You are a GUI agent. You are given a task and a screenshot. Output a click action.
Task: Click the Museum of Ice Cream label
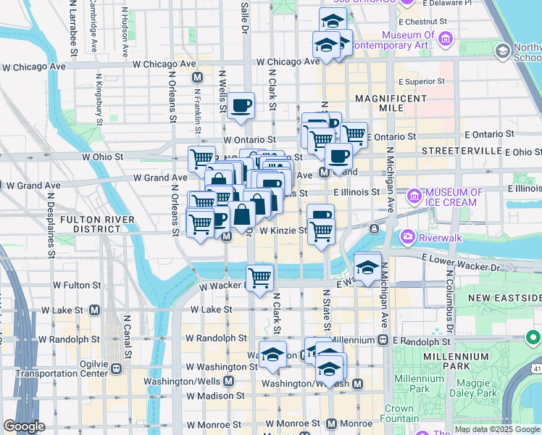point(454,197)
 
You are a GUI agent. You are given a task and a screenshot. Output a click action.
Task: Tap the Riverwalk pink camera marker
point(407,236)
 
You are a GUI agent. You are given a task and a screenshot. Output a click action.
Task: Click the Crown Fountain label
point(399,413)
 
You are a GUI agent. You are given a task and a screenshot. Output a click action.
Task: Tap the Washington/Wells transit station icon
point(228,381)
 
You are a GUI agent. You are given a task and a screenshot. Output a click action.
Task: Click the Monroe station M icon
point(332,423)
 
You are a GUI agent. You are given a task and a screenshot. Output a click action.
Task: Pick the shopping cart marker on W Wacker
point(259,277)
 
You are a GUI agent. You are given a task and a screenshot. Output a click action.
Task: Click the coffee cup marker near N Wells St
point(241,106)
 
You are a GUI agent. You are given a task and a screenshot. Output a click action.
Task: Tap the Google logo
point(24,426)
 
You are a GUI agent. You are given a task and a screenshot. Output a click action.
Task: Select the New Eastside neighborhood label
point(504,298)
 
